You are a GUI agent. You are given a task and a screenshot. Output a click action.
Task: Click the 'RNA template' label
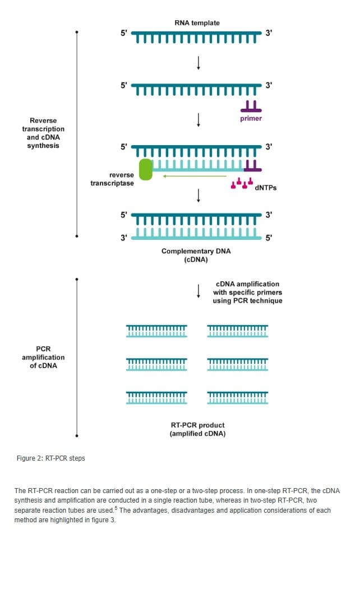click(x=197, y=23)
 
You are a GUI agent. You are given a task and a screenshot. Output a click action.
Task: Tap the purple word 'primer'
click(x=251, y=118)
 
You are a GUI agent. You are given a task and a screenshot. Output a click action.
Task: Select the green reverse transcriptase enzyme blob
click(x=146, y=169)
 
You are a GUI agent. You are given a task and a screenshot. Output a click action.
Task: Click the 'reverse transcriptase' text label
click(x=112, y=179)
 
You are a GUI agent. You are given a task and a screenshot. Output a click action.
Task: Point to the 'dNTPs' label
click(x=266, y=188)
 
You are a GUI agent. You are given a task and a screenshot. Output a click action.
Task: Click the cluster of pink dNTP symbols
click(x=242, y=183)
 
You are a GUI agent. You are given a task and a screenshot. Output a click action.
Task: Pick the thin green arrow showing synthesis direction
click(x=195, y=176)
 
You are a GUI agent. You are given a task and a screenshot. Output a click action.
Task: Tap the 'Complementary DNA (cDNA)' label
click(x=196, y=256)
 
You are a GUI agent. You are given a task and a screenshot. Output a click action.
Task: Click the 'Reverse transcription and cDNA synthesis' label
click(x=43, y=133)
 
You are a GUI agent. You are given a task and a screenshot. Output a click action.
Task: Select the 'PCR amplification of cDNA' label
click(x=43, y=357)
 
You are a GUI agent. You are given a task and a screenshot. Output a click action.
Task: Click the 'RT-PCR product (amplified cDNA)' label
click(x=197, y=429)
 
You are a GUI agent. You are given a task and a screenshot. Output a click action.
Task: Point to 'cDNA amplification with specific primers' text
click(x=247, y=288)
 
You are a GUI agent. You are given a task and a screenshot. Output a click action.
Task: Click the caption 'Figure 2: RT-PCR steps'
click(x=51, y=458)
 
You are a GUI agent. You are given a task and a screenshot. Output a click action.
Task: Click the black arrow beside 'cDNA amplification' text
click(x=198, y=291)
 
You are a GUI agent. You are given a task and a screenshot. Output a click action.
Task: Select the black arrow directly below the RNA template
click(x=198, y=63)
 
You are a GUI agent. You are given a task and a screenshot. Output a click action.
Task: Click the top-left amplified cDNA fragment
click(x=156, y=331)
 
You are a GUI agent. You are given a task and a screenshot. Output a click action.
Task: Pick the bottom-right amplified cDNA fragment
click(x=238, y=398)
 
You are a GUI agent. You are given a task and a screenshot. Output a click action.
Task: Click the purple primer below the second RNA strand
click(x=251, y=106)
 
